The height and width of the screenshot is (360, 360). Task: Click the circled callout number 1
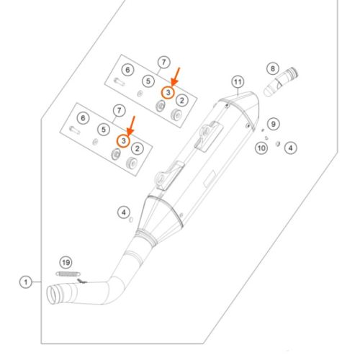(x=26, y=282)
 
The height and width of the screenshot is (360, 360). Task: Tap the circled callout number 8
(x=273, y=69)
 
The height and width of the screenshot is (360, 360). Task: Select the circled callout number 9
(x=274, y=124)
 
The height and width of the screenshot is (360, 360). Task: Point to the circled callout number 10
(x=261, y=148)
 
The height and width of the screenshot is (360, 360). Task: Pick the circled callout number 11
(x=238, y=82)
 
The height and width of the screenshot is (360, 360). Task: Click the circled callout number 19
(x=66, y=263)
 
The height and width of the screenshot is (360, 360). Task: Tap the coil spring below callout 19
(x=68, y=274)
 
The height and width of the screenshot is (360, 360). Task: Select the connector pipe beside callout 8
(x=281, y=81)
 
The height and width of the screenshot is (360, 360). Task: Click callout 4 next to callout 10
(x=291, y=148)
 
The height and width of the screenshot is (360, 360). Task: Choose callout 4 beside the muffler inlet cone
(x=124, y=212)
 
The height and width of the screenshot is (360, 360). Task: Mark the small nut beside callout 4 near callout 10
(x=278, y=144)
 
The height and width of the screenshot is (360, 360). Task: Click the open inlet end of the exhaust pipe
(x=52, y=294)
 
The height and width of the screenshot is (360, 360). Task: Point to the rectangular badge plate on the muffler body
(x=210, y=179)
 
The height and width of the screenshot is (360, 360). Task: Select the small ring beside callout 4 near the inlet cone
(x=131, y=220)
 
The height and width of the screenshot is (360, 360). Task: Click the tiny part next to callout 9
(x=263, y=130)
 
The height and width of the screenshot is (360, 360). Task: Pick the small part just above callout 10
(x=266, y=138)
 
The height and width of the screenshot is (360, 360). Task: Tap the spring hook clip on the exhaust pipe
(x=82, y=281)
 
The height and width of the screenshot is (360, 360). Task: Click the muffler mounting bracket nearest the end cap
(x=208, y=136)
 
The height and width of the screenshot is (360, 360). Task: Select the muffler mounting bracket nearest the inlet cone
(x=169, y=175)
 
